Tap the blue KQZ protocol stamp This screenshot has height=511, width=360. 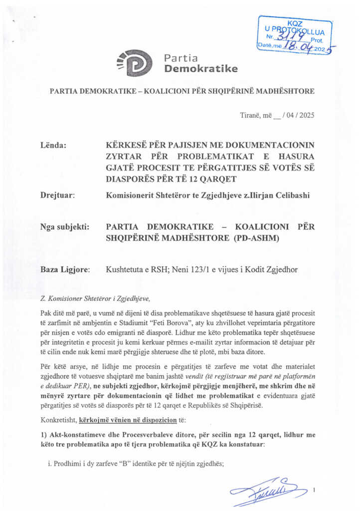pyautogui.click(x=295, y=35)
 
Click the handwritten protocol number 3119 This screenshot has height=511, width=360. pyautogui.click(x=289, y=36)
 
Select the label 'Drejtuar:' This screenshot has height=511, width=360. pyautogui.click(x=57, y=195)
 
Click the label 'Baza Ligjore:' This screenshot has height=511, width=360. pyautogui.click(x=65, y=269)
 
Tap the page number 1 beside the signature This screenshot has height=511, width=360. pyautogui.click(x=314, y=491)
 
